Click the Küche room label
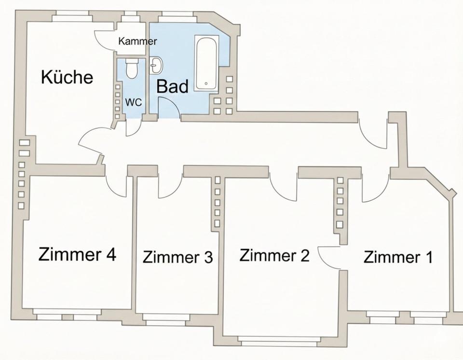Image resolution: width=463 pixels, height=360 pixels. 67,77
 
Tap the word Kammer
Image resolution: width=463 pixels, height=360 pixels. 137,42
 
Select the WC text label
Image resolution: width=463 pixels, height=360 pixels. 133,102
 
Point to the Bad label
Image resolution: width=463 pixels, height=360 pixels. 172,87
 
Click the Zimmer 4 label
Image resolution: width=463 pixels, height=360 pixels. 77,254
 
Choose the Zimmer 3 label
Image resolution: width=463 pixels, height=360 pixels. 177,257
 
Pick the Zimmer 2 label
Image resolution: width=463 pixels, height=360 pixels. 274,255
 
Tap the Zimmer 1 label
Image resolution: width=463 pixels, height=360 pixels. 398,257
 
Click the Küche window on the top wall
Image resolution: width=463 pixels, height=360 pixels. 72,18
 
